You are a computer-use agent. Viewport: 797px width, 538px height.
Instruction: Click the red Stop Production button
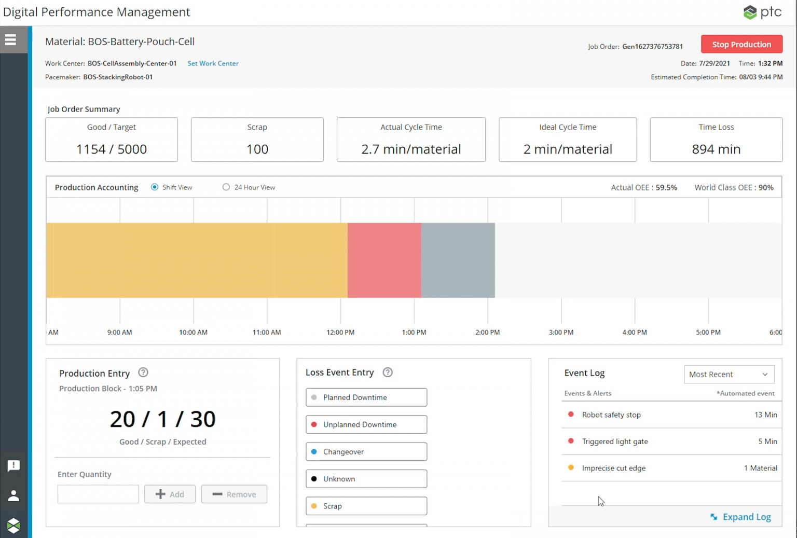[x=741, y=45]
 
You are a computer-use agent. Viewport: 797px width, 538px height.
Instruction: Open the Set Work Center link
[x=213, y=63]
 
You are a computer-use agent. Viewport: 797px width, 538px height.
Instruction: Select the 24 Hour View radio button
[x=226, y=187]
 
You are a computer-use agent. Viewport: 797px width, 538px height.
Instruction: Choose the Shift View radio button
[x=155, y=187]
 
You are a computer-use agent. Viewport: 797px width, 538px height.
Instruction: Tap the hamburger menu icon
[x=10, y=40]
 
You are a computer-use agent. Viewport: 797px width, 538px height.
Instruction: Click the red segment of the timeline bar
[x=384, y=260]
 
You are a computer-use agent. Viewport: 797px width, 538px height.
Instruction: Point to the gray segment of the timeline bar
[x=458, y=260]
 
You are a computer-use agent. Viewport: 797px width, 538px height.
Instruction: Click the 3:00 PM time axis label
[x=561, y=332]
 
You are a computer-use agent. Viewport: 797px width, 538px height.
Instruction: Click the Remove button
[x=234, y=494]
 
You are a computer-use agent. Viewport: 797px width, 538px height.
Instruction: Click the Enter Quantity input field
[x=98, y=494]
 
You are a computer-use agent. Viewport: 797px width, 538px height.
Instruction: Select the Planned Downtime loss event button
[x=366, y=397]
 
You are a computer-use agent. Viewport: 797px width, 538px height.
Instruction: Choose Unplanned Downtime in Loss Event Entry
[x=366, y=424]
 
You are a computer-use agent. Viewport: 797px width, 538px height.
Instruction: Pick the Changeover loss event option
[x=366, y=452]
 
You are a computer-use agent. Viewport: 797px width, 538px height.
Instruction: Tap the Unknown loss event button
[x=366, y=479]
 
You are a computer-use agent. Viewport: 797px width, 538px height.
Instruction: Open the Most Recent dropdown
[x=729, y=375]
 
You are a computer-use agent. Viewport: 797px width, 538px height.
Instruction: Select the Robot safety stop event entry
[x=611, y=415]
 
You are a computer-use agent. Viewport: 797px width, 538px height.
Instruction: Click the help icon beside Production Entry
[x=143, y=373]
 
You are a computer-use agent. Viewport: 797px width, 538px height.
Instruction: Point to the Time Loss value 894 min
[x=716, y=149]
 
